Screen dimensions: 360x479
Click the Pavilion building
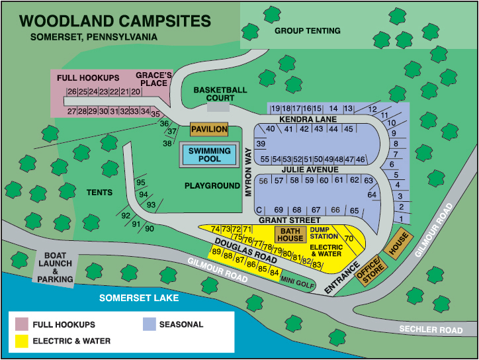click(x=209, y=129)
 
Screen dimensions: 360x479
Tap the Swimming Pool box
click(x=210, y=155)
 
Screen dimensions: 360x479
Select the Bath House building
click(x=290, y=234)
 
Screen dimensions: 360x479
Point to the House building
click(x=398, y=243)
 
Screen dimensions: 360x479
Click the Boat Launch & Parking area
click(x=55, y=267)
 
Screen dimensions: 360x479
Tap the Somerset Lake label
click(x=139, y=298)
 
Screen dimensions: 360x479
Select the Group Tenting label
click(x=307, y=30)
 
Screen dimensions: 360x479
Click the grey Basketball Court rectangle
click(x=218, y=106)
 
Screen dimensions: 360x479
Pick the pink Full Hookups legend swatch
click(x=21, y=324)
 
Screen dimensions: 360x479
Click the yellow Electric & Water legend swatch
click(x=21, y=341)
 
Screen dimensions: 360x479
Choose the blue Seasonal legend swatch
click(x=148, y=324)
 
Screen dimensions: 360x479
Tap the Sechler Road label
click(x=431, y=330)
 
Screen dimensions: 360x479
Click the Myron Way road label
click(x=249, y=169)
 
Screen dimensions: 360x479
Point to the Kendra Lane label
click(x=308, y=119)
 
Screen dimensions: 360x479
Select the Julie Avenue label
click(x=309, y=169)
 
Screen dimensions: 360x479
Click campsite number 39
click(x=261, y=144)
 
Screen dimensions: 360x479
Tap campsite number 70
click(x=349, y=238)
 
